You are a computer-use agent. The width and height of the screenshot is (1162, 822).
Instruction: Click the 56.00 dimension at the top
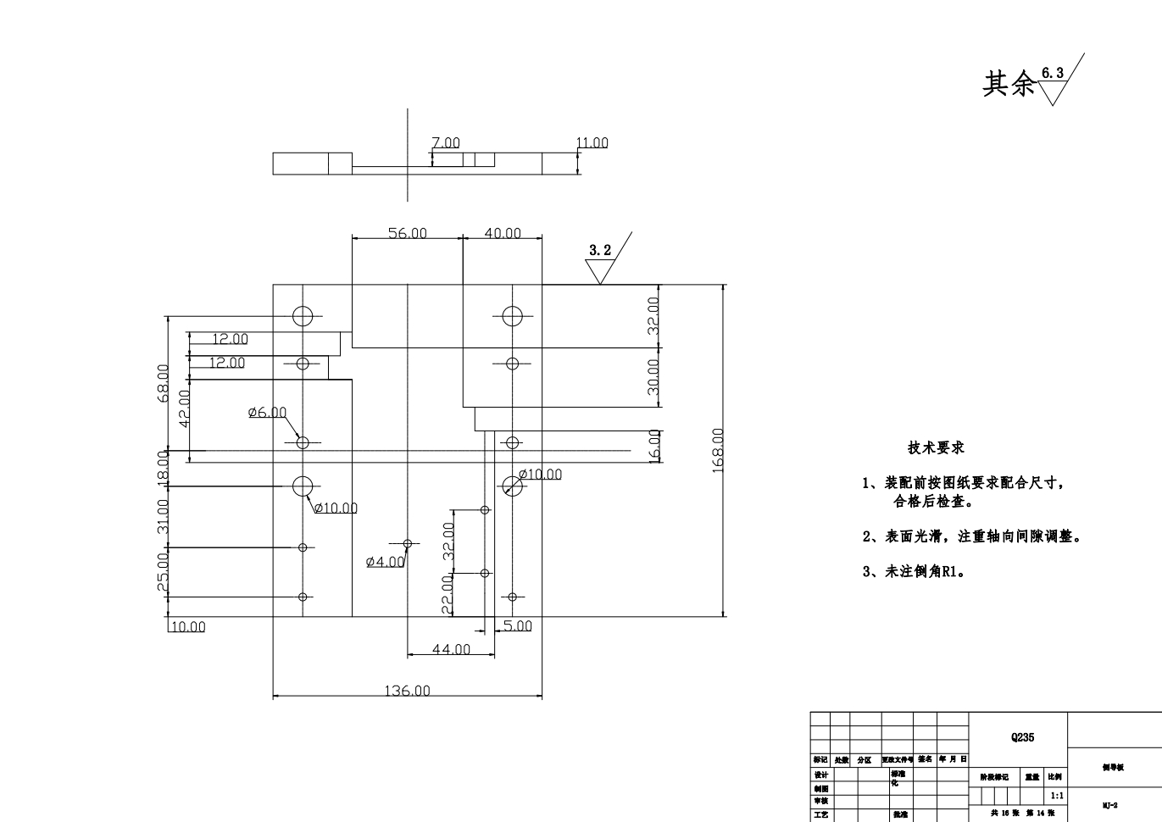click(x=407, y=233)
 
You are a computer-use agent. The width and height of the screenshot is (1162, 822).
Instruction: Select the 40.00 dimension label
click(x=502, y=233)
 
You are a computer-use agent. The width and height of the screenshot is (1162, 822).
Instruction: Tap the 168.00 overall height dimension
click(x=718, y=450)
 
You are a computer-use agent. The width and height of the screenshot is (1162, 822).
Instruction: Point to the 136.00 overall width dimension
click(x=407, y=691)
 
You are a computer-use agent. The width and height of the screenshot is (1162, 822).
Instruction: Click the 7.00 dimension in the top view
click(x=446, y=142)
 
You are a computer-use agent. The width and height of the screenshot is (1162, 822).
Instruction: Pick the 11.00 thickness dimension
click(x=592, y=142)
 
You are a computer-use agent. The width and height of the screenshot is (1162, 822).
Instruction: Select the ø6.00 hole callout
click(x=267, y=413)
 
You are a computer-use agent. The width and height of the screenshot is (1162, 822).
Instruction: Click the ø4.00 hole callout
click(x=385, y=561)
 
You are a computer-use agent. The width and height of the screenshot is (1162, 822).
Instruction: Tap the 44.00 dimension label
click(x=451, y=649)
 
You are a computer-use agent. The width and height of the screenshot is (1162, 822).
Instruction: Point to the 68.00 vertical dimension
click(x=164, y=383)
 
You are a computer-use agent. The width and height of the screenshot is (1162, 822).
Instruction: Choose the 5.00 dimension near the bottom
click(x=518, y=625)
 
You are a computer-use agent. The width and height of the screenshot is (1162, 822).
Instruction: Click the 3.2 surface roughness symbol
click(x=600, y=251)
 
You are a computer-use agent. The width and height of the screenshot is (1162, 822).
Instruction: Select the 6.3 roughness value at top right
click(x=1052, y=74)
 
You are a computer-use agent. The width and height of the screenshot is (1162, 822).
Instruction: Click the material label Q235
click(x=1022, y=737)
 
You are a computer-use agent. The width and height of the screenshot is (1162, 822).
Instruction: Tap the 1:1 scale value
click(x=1057, y=797)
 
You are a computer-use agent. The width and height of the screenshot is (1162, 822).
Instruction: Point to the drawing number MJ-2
click(x=1109, y=805)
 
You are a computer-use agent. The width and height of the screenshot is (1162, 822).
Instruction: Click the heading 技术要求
click(x=936, y=447)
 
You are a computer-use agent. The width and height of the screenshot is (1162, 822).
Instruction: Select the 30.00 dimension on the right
click(x=653, y=375)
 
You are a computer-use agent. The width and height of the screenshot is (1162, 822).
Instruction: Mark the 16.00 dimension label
click(x=654, y=445)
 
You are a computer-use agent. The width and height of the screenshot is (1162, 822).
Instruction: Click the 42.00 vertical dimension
click(x=185, y=409)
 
